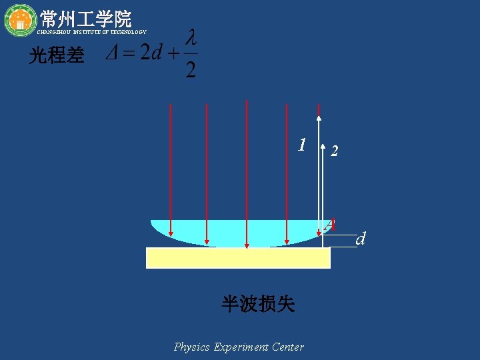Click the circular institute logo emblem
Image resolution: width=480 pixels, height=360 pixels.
click(x=20, y=20)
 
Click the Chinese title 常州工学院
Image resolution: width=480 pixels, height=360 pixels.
click(x=85, y=18)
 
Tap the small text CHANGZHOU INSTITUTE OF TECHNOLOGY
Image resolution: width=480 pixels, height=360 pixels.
click(x=91, y=32)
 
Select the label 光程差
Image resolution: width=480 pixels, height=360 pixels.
click(x=57, y=56)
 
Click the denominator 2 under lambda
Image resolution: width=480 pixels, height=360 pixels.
click(x=191, y=69)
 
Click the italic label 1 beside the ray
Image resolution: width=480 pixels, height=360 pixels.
click(x=302, y=145)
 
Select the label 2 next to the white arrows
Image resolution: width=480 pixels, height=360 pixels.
click(x=335, y=152)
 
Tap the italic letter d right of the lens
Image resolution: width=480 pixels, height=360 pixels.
click(x=361, y=239)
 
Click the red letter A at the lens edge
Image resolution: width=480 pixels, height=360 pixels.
click(x=329, y=225)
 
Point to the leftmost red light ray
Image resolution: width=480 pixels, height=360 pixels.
click(x=171, y=170)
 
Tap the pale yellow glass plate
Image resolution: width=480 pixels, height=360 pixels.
click(x=238, y=258)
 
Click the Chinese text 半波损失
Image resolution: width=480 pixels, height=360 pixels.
click(x=258, y=305)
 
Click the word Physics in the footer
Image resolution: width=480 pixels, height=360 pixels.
click(x=192, y=347)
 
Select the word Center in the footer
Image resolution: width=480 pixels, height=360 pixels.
click(x=289, y=347)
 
